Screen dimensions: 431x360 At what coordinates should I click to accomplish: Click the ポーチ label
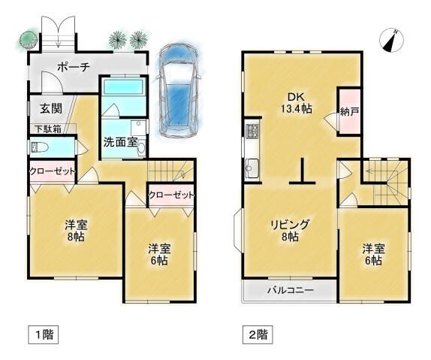(x=74, y=67)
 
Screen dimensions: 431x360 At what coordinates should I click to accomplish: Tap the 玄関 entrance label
(x=51, y=108)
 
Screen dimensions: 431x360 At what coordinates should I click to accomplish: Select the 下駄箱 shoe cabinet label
(x=48, y=129)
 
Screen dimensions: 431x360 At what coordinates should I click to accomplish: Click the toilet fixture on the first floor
(x=40, y=147)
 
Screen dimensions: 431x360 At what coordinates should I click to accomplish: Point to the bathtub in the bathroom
(x=124, y=86)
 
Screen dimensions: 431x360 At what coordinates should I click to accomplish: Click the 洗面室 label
(x=120, y=141)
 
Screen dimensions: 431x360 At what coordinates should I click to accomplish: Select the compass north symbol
(x=391, y=40)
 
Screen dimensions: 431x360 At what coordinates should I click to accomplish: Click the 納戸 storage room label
(x=349, y=112)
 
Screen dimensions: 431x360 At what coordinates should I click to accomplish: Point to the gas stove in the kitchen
(x=253, y=131)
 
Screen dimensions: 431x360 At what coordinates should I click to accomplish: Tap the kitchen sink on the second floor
(x=252, y=168)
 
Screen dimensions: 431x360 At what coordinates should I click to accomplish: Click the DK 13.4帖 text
(x=297, y=103)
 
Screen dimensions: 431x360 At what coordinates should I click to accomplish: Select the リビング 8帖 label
(x=291, y=231)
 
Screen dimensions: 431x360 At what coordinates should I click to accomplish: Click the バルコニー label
(x=291, y=290)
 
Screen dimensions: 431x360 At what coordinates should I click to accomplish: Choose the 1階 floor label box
(x=44, y=334)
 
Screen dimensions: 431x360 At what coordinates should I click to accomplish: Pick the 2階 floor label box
(x=258, y=334)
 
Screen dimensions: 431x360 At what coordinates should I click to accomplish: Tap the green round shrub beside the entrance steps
(x=28, y=40)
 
